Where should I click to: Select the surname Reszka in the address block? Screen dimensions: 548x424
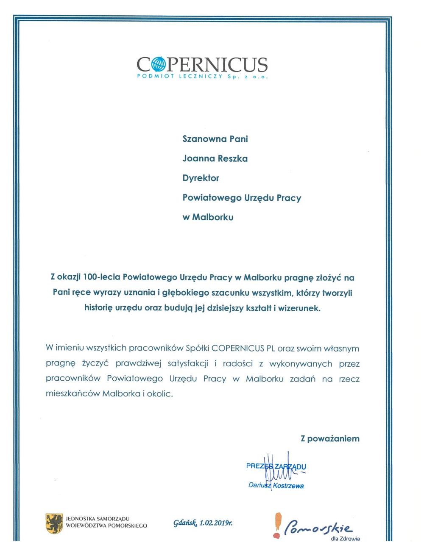232,159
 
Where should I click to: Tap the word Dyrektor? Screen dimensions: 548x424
201,178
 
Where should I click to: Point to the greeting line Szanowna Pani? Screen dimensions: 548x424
215,139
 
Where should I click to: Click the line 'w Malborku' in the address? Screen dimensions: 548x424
208,217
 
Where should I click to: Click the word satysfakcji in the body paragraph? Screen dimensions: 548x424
187,363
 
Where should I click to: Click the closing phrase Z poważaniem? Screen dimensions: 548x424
330,439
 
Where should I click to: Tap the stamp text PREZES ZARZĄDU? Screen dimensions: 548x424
276,466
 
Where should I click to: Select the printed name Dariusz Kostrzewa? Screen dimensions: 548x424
276,486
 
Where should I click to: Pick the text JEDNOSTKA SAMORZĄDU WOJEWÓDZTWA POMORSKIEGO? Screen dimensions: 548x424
106,522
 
